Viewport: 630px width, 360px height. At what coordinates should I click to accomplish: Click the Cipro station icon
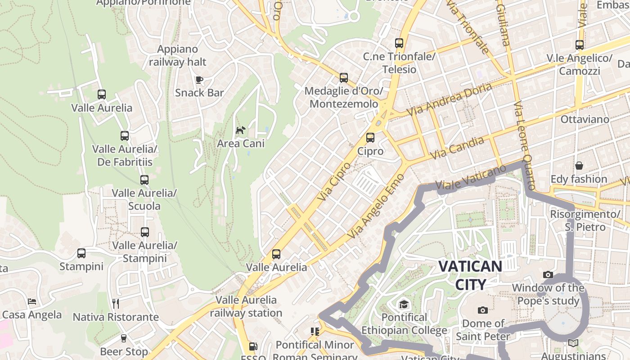(x=370, y=138)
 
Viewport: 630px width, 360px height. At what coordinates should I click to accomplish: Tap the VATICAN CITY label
(x=470, y=275)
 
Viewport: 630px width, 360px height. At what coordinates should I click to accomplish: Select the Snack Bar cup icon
(x=199, y=80)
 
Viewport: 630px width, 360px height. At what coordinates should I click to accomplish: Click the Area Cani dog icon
(x=241, y=130)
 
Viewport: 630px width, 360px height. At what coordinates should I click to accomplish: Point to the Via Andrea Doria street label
(x=449, y=99)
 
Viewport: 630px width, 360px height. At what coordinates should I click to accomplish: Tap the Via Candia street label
(x=457, y=148)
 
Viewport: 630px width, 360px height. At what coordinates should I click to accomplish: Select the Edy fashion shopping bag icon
(x=579, y=166)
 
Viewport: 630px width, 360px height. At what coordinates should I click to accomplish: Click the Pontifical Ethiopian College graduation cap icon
(x=404, y=304)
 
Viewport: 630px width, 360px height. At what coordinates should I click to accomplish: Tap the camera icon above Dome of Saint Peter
(x=483, y=310)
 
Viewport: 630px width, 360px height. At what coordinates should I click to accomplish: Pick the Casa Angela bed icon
(x=32, y=301)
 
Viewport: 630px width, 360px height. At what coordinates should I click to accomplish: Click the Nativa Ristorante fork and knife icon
(x=116, y=304)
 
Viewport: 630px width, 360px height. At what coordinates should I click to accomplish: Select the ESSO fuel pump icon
(x=253, y=346)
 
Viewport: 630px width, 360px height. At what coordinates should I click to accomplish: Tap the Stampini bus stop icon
(x=81, y=253)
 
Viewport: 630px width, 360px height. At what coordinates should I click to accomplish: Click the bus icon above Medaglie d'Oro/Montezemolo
(x=344, y=78)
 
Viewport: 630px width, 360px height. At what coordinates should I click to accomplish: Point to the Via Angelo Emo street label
(x=376, y=207)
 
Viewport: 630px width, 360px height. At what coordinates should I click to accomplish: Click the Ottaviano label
(x=585, y=119)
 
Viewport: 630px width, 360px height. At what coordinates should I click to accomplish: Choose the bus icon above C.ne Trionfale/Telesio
(x=399, y=43)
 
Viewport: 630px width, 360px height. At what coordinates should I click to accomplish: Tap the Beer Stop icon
(x=124, y=338)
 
